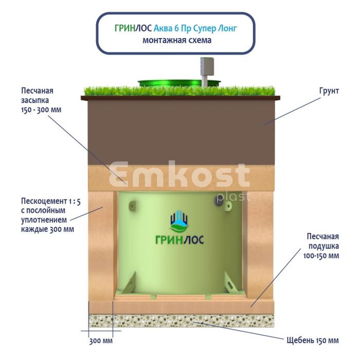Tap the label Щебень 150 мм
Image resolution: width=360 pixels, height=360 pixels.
point(312,340)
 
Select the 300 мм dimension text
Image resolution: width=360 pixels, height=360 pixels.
point(100,341)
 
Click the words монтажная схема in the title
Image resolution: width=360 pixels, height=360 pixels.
point(177,40)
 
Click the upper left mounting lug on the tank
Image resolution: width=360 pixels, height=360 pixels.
point(133,205)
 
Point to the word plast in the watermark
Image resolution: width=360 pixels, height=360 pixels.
point(233,196)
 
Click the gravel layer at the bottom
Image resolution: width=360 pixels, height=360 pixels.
point(180,321)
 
